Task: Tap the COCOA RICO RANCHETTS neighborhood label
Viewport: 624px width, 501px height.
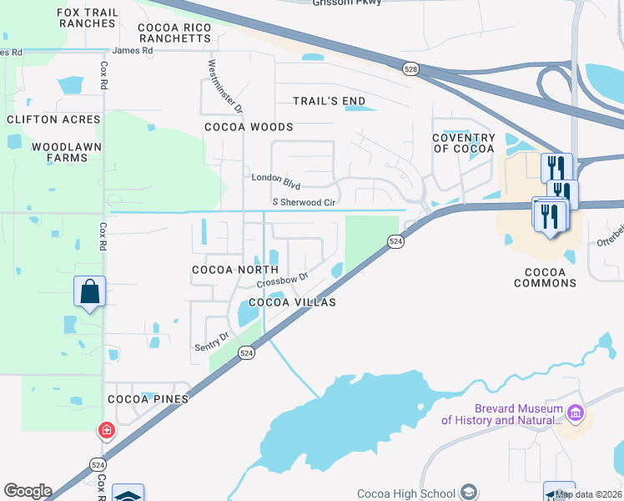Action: coord(174,33)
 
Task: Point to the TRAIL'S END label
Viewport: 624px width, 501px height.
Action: coord(329,101)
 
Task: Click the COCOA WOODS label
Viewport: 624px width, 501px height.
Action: coord(249,127)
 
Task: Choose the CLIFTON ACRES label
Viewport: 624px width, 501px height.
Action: coord(53,119)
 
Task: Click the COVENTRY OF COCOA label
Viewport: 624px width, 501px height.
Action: coord(463,143)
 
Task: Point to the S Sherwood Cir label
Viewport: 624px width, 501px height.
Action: coord(304,202)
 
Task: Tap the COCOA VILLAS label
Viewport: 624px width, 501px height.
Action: coord(292,302)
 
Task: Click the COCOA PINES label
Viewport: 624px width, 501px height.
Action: coord(148,399)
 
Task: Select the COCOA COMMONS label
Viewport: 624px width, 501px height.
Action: coord(551,277)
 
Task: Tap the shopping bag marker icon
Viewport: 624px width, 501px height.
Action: coord(90,292)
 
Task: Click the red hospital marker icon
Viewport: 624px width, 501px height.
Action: coord(106,431)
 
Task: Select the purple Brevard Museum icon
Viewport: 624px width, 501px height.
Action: coord(574,412)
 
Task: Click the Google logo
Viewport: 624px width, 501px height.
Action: coord(28,491)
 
